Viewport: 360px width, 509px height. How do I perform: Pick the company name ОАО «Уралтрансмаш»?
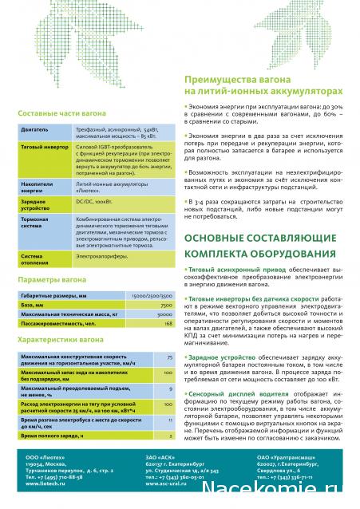(285, 459)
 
